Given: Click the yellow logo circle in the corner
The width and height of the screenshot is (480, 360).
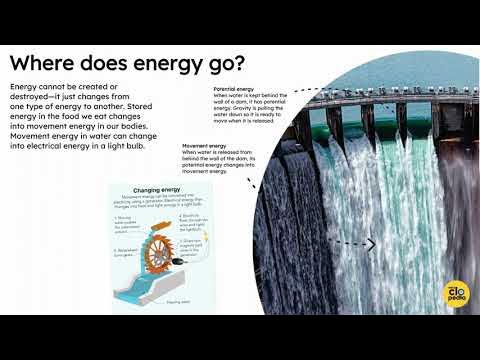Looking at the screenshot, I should [x=454, y=293].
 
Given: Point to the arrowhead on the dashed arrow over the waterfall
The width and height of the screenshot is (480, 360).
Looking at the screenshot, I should [x=372, y=244].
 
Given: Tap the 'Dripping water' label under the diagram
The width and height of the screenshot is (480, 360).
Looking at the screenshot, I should [x=178, y=299].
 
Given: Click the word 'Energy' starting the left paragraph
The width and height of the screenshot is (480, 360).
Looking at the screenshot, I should [x=25, y=86].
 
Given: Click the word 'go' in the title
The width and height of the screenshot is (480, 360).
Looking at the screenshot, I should [x=217, y=65].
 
